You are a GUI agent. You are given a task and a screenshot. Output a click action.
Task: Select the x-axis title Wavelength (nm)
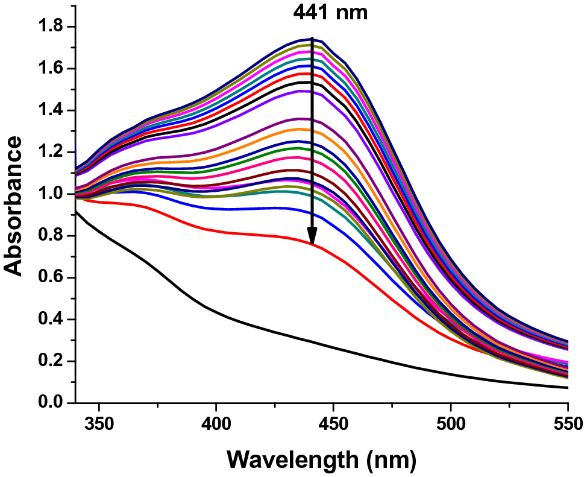[322, 461]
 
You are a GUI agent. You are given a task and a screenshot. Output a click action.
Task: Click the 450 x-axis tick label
[333, 420]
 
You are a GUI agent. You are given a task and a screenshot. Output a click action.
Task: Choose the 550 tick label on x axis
[567, 420]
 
